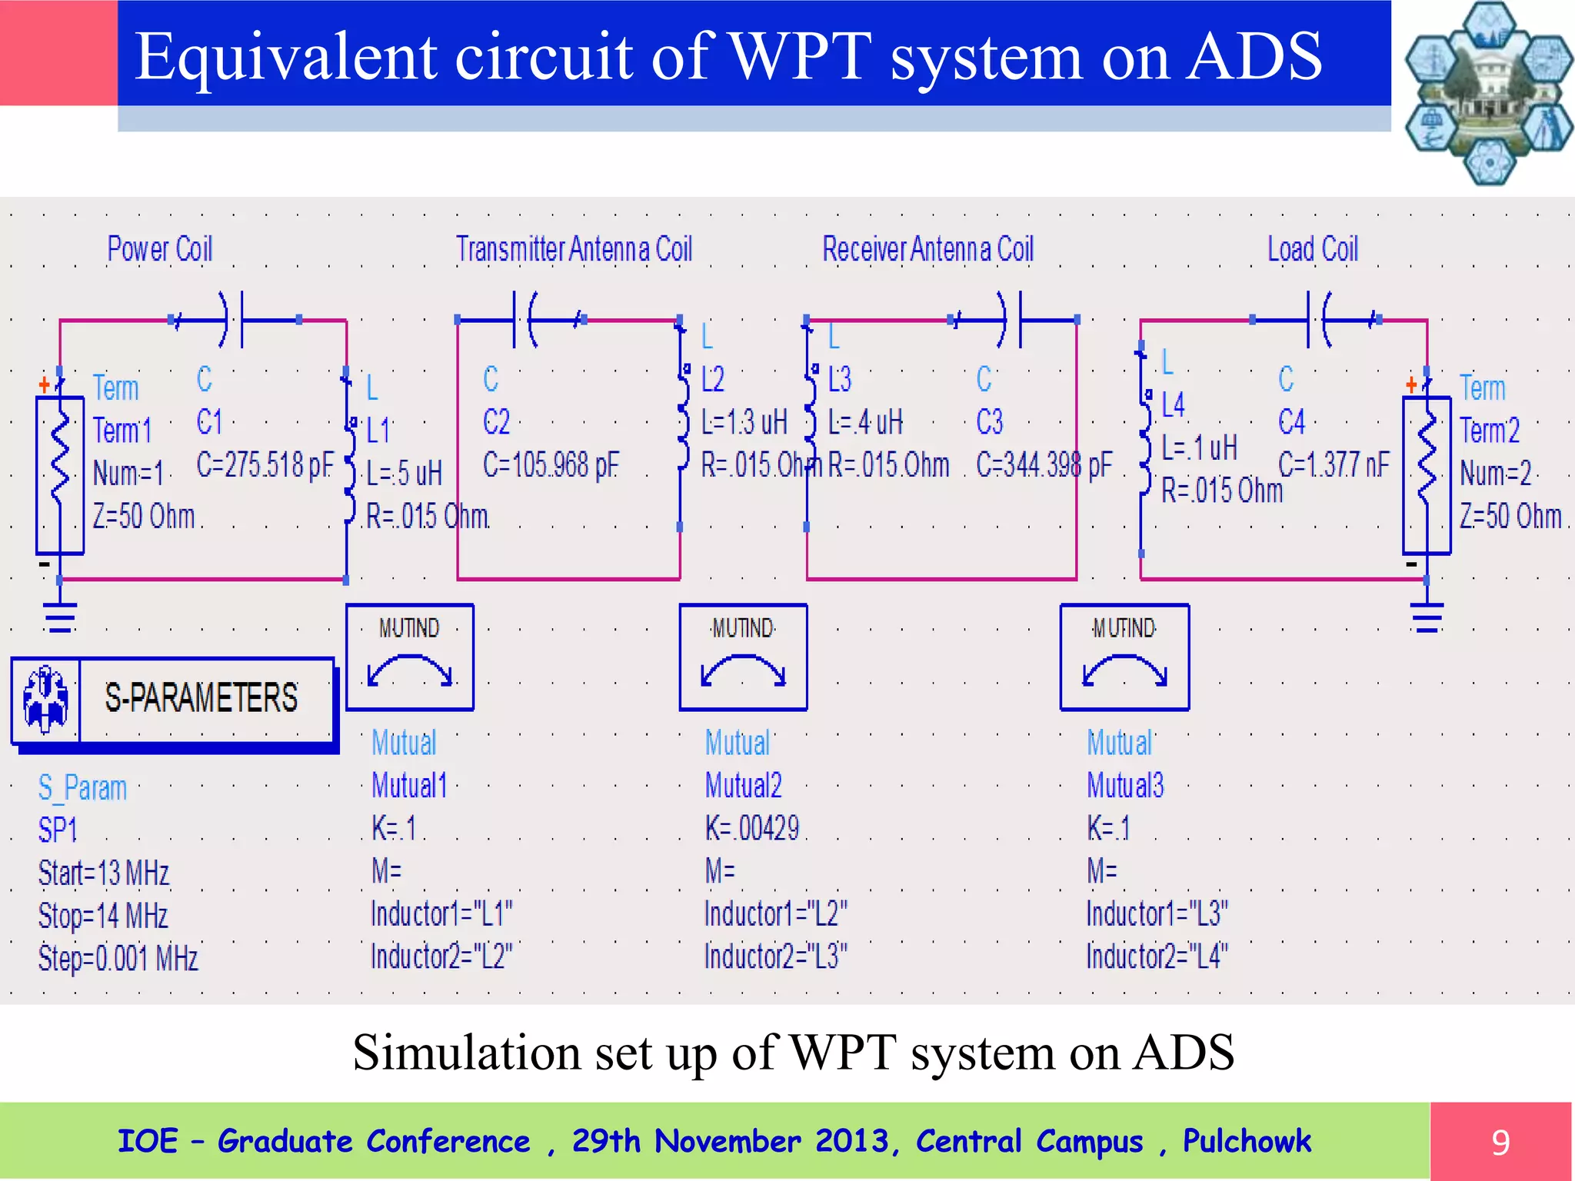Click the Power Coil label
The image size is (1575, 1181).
click(159, 250)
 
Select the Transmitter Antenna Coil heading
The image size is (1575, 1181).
click(574, 250)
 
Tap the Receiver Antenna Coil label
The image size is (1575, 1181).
click(927, 250)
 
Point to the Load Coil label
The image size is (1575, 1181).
click(1313, 250)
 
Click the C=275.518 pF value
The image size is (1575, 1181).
click(265, 465)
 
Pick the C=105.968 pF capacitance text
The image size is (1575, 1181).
click(551, 465)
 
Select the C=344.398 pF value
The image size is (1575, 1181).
click(1044, 465)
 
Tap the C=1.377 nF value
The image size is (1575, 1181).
click(1334, 465)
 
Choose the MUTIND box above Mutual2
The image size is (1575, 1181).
click(743, 657)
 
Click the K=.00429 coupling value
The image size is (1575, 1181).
click(752, 829)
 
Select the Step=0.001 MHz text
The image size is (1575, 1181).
click(118, 959)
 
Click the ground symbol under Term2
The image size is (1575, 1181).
click(1427, 617)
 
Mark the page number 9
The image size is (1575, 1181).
click(1500, 1143)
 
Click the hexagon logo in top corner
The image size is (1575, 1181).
click(1488, 92)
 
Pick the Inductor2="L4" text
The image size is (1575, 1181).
click(1157, 957)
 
